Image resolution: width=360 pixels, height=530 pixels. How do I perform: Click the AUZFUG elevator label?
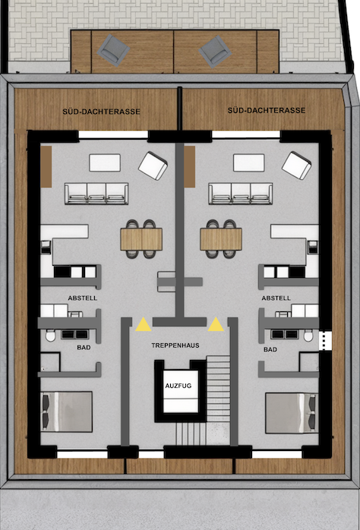pos(178,386)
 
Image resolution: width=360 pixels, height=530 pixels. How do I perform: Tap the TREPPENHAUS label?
pos(175,345)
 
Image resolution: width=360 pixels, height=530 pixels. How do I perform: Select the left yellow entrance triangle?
pos(144,324)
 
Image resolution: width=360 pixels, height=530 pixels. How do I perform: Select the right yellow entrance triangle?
pos(216,324)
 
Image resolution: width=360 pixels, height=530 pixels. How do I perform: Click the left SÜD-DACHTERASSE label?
pos(102,111)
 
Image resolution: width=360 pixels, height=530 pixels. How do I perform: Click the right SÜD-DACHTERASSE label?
pos(267,110)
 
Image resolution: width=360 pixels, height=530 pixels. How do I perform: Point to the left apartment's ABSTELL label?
pos(83,298)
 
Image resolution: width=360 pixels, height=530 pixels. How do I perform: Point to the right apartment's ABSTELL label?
pos(276,298)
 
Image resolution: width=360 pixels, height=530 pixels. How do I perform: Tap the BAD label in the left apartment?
pos(84,348)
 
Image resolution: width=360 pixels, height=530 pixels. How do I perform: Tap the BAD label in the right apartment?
pos(270,349)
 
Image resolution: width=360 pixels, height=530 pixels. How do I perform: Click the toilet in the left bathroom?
pos(50,336)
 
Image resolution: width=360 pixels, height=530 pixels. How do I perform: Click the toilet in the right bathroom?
pos(308,336)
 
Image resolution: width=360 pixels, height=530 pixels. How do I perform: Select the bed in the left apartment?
pos(67,412)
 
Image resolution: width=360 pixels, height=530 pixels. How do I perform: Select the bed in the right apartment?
pos(291,413)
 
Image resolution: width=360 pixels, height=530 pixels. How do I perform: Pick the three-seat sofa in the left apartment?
pos(96,194)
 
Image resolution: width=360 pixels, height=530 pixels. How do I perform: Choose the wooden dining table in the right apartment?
pos(221,239)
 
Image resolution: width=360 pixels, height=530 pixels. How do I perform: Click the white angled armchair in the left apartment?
pos(153,166)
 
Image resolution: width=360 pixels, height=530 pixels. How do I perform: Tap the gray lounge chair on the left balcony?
pos(113,51)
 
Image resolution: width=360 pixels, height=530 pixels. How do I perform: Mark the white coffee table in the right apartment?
pos(249,162)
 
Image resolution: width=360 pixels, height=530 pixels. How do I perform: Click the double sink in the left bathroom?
pos(74,334)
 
